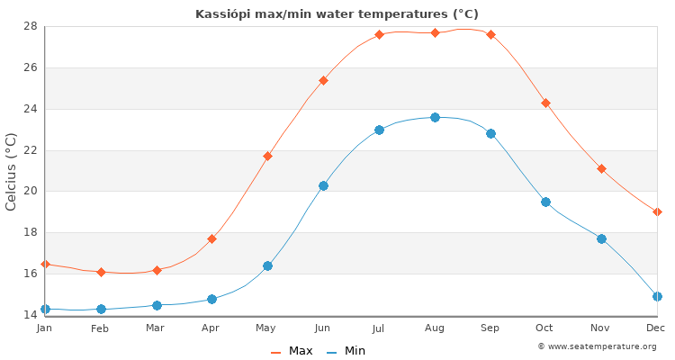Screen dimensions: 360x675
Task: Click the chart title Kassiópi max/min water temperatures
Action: pyautogui.click(x=337, y=14)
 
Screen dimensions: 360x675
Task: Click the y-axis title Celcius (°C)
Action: pyautogui.click(x=12, y=171)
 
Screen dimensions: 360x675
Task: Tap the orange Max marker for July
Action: pyautogui.click(x=379, y=34)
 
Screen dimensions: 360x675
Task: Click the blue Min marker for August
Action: pyautogui.click(x=435, y=117)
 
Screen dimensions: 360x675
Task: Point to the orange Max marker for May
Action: pyautogui.click(x=267, y=156)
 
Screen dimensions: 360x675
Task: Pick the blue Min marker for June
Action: pyautogui.click(x=323, y=185)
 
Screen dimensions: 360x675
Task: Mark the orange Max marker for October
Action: pyautogui.click(x=545, y=103)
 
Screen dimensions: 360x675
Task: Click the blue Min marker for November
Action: pyautogui.click(x=601, y=238)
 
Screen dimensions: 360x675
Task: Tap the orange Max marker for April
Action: pyautogui.click(x=211, y=238)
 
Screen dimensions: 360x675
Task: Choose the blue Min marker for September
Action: pyautogui.click(x=490, y=133)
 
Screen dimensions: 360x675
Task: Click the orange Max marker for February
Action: pyautogui.click(x=101, y=272)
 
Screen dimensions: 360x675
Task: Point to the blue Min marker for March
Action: pyautogui.click(x=157, y=305)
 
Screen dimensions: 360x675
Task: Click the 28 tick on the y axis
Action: pyautogui.click(x=31, y=26)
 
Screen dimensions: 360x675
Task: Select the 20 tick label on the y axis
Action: pyautogui.click(x=31, y=191)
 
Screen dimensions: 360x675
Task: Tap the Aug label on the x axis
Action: pyautogui.click(x=435, y=328)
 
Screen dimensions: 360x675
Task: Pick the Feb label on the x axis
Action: pyautogui.click(x=100, y=328)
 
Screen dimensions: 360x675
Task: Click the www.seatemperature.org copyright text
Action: pyautogui.click(x=597, y=346)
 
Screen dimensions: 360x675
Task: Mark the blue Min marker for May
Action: pyautogui.click(x=267, y=265)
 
